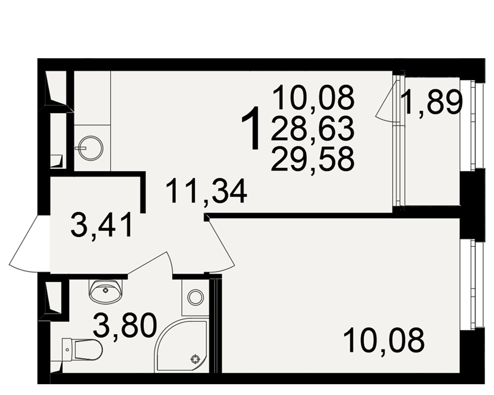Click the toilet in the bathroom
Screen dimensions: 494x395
(82, 349)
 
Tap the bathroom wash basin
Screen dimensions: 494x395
(105, 290)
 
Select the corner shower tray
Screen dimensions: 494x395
(181, 346)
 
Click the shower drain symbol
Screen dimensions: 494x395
(196, 359)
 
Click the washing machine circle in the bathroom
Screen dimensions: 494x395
(195, 297)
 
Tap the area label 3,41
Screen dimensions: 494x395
(101, 225)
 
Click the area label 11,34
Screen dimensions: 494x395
(206, 191)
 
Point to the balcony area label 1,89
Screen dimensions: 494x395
(432, 102)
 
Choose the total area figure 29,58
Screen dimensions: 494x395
(313, 159)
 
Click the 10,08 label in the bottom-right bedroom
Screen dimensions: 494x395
(384, 340)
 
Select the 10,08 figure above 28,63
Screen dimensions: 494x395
(314, 98)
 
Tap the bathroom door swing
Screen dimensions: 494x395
(152, 262)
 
